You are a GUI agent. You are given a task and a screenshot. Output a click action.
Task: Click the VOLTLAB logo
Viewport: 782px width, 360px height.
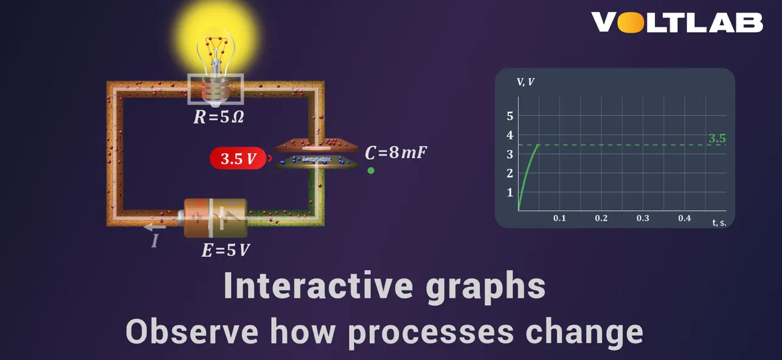pyautogui.click(x=677, y=22)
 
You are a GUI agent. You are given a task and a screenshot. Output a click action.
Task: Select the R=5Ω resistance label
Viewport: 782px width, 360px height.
pyautogui.click(x=218, y=117)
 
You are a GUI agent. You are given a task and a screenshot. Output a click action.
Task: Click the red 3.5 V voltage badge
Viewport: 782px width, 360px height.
pyautogui.click(x=238, y=159)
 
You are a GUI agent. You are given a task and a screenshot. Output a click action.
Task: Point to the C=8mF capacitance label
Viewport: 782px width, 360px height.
pyautogui.click(x=396, y=153)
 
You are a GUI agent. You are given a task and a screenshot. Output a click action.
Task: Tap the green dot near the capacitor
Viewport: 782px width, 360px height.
pyautogui.click(x=371, y=171)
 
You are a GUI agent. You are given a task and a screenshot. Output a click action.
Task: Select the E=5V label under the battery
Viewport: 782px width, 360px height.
pyautogui.click(x=226, y=250)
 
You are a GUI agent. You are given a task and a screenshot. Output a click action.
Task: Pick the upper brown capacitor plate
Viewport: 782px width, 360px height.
pyautogui.click(x=317, y=146)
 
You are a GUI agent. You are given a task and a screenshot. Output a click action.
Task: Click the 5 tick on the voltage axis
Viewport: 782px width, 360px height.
pyautogui.click(x=510, y=116)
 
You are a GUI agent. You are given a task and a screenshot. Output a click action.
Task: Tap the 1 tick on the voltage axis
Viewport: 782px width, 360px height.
pyautogui.click(x=510, y=193)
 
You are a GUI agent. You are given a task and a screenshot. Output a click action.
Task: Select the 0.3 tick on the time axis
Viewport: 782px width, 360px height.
pyautogui.click(x=643, y=218)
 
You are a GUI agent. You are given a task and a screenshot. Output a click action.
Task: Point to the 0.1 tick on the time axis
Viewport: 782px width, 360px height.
pyautogui.click(x=559, y=218)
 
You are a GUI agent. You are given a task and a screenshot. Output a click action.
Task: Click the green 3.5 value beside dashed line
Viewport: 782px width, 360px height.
pyautogui.click(x=717, y=139)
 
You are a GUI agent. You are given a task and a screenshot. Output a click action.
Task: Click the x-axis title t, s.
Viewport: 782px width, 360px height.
pyautogui.click(x=719, y=223)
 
